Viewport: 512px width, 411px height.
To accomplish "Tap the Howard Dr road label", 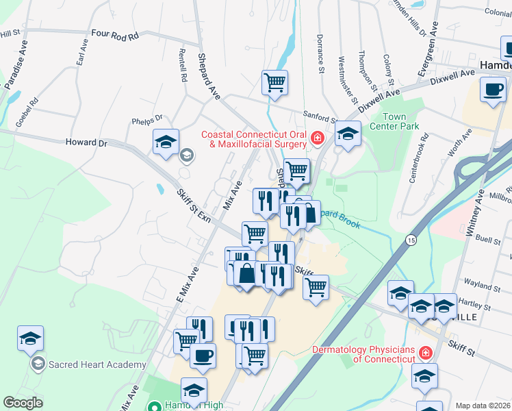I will point(87,143).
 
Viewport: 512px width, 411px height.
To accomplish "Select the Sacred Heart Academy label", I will point(97,364).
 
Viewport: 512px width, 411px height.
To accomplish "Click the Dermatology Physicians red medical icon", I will point(425,353).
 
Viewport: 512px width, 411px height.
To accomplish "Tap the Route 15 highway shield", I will point(410,240).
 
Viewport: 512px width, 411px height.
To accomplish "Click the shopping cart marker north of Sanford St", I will point(274,82).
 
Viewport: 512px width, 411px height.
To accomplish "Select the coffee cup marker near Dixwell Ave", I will point(492,90).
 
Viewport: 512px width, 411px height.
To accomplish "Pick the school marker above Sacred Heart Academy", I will point(31,338).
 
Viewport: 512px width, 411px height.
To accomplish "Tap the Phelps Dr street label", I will point(146,119).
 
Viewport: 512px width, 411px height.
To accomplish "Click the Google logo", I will point(23,403).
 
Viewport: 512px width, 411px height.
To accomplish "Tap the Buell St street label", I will point(489,240).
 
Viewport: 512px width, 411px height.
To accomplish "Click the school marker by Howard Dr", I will point(166,142).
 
